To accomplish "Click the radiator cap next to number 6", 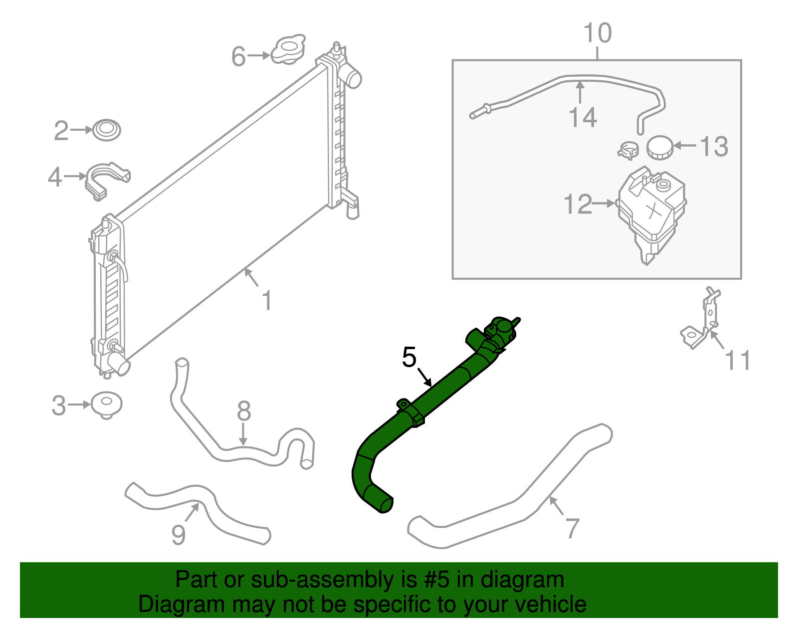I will tap(288, 50).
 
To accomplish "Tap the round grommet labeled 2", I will tap(106, 130).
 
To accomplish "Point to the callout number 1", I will tap(267, 301).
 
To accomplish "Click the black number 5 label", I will tap(409, 357).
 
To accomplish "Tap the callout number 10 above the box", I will tap(597, 33).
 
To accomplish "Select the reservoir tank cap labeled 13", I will tap(660, 147).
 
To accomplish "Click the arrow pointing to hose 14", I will tap(580, 93).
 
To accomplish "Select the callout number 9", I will tap(179, 535).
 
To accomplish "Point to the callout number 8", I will tap(243, 412).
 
